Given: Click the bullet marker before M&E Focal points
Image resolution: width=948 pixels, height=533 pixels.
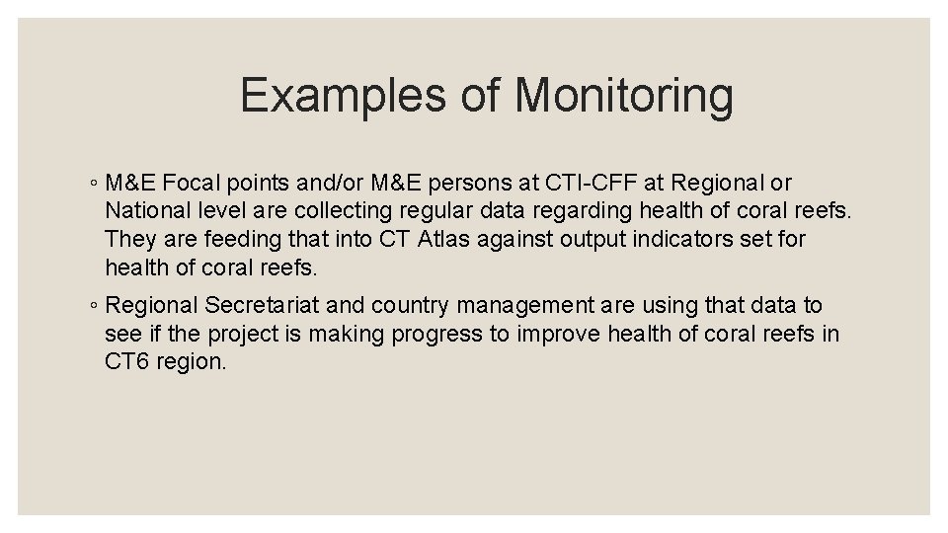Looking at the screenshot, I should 90,185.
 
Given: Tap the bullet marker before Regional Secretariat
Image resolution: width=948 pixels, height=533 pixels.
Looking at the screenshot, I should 90,308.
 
